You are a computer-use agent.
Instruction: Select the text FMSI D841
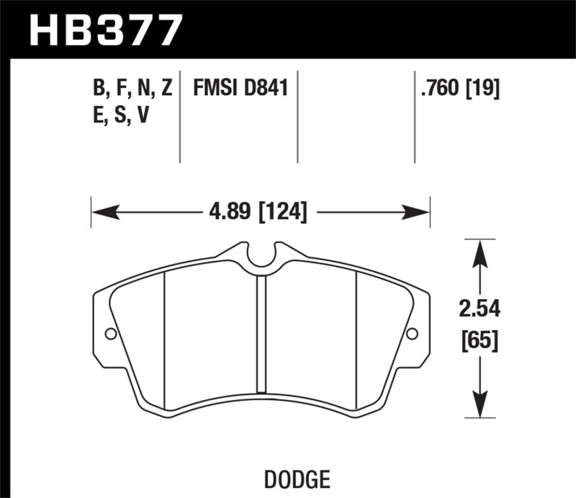click(x=240, y=89)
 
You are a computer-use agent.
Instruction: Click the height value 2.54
click(x=479, y=309)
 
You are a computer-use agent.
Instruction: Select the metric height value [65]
click(x=479, y=338)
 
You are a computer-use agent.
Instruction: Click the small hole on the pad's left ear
click(x=110, y=334)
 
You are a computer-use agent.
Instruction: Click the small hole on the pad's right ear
click(x=412, y=334)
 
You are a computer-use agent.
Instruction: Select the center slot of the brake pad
click(x=262, y=339)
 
